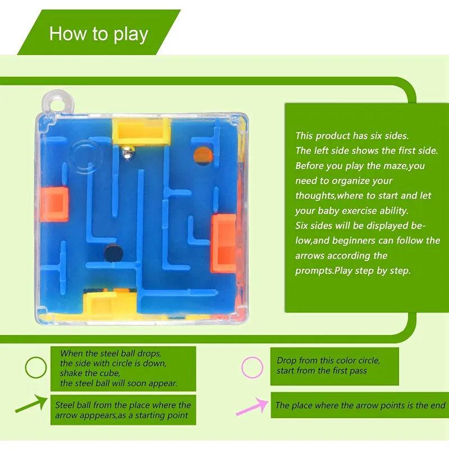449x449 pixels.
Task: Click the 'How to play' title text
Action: tap(98, 34)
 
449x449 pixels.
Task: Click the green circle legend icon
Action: tap(36, 368)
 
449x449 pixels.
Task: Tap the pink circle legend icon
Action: tap(252, 368)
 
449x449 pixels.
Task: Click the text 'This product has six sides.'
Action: tap(352, 135)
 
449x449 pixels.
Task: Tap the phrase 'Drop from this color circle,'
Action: tap(328, 360)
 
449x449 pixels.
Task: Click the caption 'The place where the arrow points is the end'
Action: tap(360, 405)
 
